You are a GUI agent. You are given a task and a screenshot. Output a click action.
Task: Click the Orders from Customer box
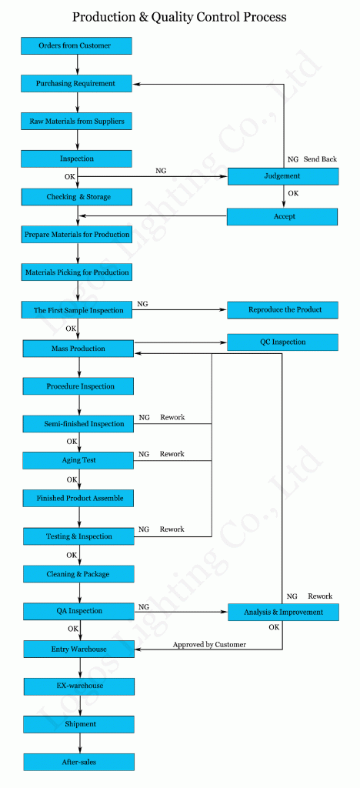pyautogui.click(x=76, y=45)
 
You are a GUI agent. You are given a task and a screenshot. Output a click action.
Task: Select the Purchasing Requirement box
pyautogui.click(x=76, y=83)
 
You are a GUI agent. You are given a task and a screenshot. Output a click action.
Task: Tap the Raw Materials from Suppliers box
pyautogui.click(x=76, y=121)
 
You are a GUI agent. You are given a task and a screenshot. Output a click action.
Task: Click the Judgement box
pyautogui.click(x=282, y=176)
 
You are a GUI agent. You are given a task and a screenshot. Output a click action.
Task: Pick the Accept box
pyautogui.click(x=282, y=216)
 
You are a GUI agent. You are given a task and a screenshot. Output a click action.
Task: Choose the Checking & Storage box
pyautogui.click(x=76, y=196)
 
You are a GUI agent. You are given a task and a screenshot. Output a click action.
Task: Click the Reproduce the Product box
pyautogui.click(x=282, y=309)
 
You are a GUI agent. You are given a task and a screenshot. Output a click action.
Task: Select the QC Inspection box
pyautogui.click(x=282, y=342)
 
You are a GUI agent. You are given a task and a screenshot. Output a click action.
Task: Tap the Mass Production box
pyautogui.click(x=78, y=349)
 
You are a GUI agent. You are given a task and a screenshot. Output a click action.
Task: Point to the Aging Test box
pyautogui.click(x=78, y=460)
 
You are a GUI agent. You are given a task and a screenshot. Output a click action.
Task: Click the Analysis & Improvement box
pyautogui.click(x=283, y=612)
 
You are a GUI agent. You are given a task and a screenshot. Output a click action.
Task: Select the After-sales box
pyautogui.click(x=78, y=762)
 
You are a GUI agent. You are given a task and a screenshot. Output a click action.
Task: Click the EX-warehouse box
pyautogui.click(x=78, y=686)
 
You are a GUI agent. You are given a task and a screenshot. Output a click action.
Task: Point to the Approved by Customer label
pyautogui.click(x=209, y=644)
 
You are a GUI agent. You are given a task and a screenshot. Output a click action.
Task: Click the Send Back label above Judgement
pyautogui.click(x=320, y=159)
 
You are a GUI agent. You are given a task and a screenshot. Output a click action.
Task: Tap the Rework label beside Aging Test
pyautogui.click(x=172, y=454)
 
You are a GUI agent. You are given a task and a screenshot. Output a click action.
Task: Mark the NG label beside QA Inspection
pyautogui.click(x=144, y=607)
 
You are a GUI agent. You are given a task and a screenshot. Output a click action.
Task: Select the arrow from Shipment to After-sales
pyautogui.click(x=79, y=743)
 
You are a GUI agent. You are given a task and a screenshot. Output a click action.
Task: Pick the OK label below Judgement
pyautogui.click(x=293, y=193)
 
